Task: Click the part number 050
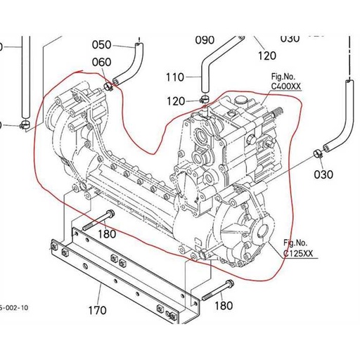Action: click(x=103, y=44)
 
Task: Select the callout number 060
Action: click(x=103, y=63)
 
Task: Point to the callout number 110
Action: click(x=174, y=77)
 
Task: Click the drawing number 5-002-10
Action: click(x=14, y=307)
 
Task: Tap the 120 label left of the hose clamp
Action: click(x=176, y=102)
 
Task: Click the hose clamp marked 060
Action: click(x=109, y=86)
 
